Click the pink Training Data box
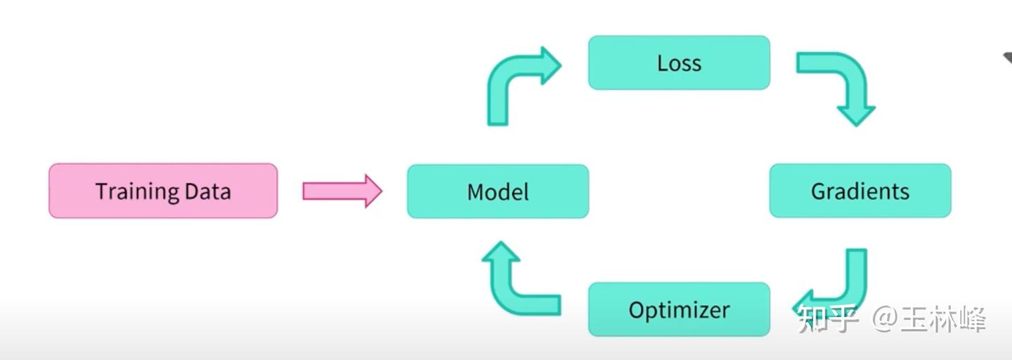tap(163, 191)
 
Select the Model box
tap(498, 191)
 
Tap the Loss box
tap(679, 63)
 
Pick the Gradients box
tap(859, 191)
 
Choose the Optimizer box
tap(679, 309)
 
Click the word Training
tap(136, 191)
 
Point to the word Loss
tap(679, 63)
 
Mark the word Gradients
tap(859, 191)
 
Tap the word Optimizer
tap(679, 310)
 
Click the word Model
tap(498, 191)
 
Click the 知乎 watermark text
tap(829, 320)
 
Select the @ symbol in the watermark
tap(885, 320)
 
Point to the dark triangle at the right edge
tap(1007, 59)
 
